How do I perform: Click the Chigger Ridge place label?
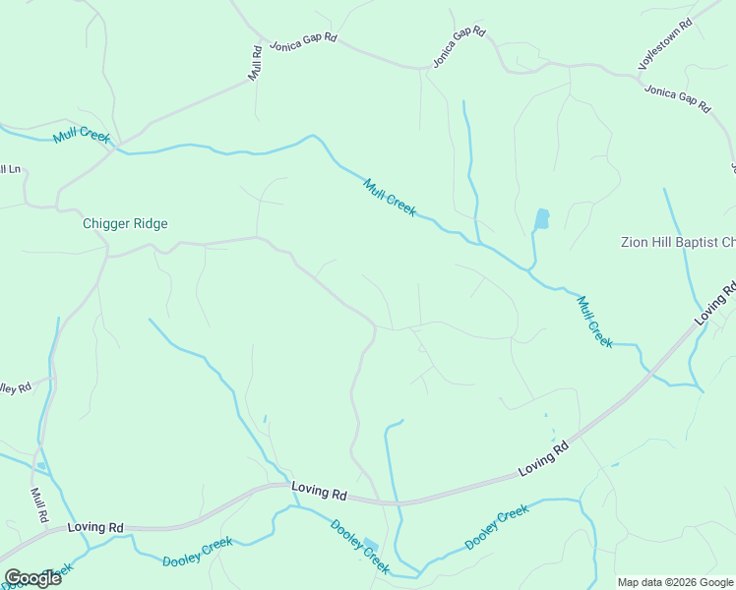(124, 224)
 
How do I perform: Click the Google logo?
(32, 577)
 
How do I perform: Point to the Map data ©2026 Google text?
(674, 582)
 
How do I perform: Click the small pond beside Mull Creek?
(541, 219)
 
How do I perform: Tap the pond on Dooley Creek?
(371, 545)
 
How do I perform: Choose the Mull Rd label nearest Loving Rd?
(39, 505)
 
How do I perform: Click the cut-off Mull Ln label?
(10, 169)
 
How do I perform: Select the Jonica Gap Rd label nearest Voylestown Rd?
(677, 98)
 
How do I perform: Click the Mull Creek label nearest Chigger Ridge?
(82, 134)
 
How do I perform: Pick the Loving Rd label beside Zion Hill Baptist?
(714, 305)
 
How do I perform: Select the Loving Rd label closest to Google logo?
(95, 528)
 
